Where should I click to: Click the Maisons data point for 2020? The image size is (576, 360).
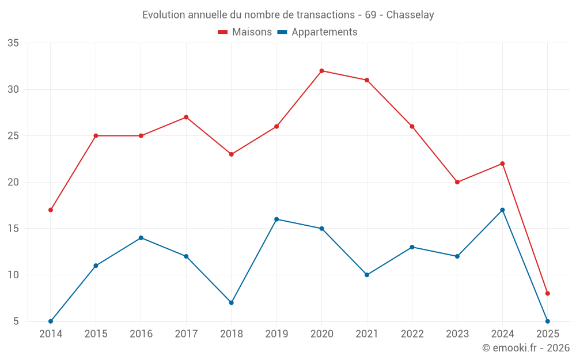(321, 71)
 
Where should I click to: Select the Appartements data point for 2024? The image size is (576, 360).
(502, 210)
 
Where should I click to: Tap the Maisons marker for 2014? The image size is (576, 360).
(51, 210)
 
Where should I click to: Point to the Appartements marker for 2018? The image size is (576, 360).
(232, 302)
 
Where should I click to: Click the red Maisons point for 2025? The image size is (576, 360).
(548, 293)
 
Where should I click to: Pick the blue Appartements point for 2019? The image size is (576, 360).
(276, 219)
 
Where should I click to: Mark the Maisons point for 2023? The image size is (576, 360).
(457, 182)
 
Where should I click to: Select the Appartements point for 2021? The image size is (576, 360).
(367, 275)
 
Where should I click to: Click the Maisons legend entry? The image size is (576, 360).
(245, 32)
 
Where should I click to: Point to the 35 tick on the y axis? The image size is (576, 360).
(13, 43)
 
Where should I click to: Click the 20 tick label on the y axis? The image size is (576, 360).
(13, 182)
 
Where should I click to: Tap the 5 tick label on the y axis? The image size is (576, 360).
(16, 321)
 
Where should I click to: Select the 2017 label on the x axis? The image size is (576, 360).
(186, 334)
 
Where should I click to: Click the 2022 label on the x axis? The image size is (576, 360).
(412, 334)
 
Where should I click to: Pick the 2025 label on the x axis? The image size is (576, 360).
(548, 334)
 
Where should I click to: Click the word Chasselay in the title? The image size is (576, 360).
(410, 15)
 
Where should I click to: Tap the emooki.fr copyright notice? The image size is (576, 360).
(526, 348)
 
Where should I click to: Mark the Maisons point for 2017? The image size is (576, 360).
(186, 117)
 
